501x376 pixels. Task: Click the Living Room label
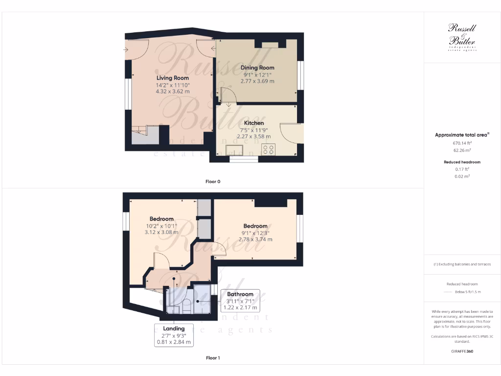click(x=172, y=78)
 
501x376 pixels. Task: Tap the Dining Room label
click(x=257, y=68)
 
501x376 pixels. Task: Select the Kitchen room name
click(x=254, y=123)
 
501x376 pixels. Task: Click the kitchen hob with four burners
click(x=268, y=149)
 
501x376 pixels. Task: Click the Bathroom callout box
click(x=240, y=301)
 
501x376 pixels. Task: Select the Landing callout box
click(x=174, y=335)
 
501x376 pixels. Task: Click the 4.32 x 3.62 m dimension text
click(x=172, y=92)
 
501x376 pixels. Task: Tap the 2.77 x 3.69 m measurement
click(x=257, y=81)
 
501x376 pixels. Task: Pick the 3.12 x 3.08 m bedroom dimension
click(x=161, y=233)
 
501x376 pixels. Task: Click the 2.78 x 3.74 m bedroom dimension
click(x=255, y=239)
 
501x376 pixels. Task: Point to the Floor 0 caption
click(x=213, y=182)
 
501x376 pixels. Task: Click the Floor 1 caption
click(x=213, y=358)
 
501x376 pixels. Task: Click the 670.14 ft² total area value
click(x=462, y=143)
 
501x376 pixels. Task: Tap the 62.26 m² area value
click(x=462, y=150)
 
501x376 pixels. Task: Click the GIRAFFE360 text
click(x=462, y=352)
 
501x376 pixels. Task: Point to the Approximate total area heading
click(x=462, y=135)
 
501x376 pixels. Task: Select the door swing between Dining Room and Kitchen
click(x=228, y=96)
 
